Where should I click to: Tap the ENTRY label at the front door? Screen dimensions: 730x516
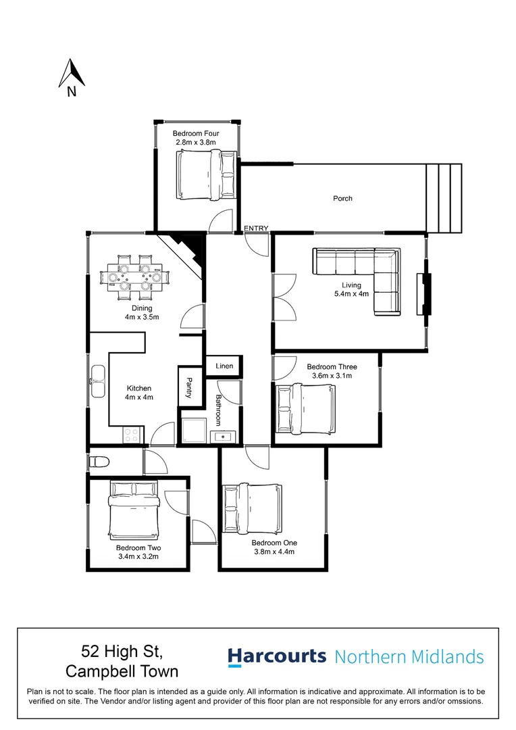(x=256, y=228)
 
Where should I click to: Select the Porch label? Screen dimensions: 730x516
(x=342, y=198)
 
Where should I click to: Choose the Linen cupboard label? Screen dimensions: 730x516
(x=224, y=366)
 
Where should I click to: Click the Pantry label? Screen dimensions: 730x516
(x=189, y=387)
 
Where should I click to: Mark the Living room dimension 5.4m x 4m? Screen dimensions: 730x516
(x=351, y=294)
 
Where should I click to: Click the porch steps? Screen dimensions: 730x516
(x=443, y=197)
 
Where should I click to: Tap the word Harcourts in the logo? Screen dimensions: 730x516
(x=277, y=656)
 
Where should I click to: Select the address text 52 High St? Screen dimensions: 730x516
(x=122, y=652)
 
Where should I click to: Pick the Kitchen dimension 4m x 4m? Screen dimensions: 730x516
(x=140, y=397)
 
